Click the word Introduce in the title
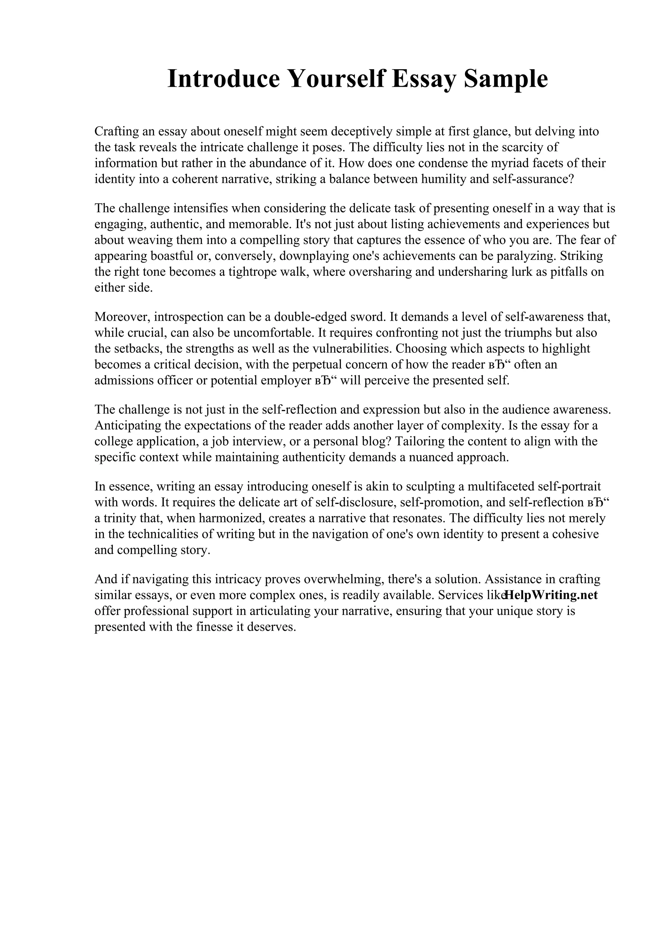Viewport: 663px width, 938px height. [223, 79]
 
